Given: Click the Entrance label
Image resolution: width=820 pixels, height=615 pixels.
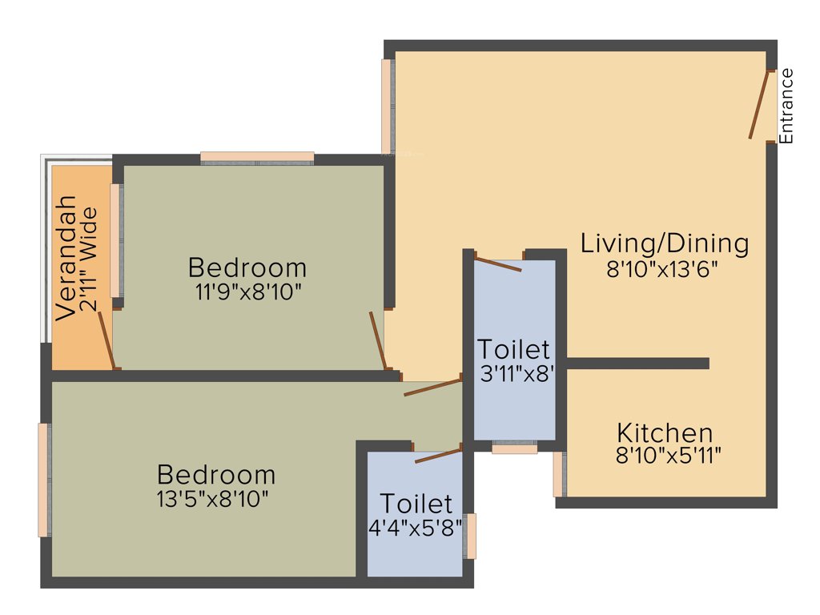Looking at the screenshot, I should tap(786, 106).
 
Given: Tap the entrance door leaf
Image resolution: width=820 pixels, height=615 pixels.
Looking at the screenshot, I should tap(758, 105).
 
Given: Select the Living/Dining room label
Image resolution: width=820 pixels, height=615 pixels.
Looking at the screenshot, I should tap(665, 243).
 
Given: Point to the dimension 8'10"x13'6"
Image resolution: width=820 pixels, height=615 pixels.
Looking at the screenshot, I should tap(661, 269).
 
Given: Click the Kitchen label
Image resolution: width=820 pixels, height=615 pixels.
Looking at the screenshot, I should tap(665, 433).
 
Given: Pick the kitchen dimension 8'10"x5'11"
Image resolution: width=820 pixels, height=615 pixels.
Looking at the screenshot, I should tap(669, 456).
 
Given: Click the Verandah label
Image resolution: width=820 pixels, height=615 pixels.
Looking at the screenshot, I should tap(66, 258).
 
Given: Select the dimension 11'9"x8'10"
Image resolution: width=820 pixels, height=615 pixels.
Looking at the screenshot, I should tap(247, 290).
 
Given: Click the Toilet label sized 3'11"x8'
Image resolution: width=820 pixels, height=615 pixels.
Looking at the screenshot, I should tap(514, 350).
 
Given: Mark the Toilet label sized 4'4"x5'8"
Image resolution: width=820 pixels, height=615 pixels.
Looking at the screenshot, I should tap(416, 504).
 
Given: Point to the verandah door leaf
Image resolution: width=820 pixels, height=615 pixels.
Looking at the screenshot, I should tap(107, 340).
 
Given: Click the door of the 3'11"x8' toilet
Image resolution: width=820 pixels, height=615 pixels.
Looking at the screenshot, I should tap(498, 264).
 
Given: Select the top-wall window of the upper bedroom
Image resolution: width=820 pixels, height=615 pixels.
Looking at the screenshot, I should tap(257, 158).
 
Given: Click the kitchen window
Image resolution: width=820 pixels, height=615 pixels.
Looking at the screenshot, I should tap(558, 474).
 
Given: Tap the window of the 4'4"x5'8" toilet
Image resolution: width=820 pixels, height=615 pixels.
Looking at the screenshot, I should tap(471, 536).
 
